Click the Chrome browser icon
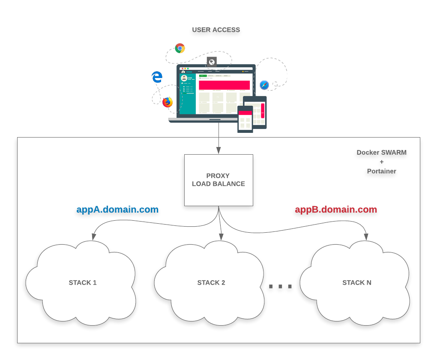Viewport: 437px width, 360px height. tap(180, 48)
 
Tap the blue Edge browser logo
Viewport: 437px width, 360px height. tap(157, 77)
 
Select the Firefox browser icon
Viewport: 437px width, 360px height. tap(168, 102)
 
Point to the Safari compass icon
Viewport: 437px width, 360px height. tap(264, 85)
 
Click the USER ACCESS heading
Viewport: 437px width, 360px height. tap(216, 30)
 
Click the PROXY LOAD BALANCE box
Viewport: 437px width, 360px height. tap(218, 180)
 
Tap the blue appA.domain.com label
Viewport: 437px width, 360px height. tap(117, 210)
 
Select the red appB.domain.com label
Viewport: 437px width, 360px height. tap(336, 210)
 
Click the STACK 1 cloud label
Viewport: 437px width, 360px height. tap(83, 282)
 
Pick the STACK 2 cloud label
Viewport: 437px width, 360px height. tap(211, 282)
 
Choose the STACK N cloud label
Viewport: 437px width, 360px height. tap(357, 282)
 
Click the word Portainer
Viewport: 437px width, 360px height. tap(381, 171)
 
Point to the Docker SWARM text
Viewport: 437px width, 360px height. tap(381, 152)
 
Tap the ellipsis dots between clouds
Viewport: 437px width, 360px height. tap(280, 286)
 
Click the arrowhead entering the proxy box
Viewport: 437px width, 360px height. tap(218, 150)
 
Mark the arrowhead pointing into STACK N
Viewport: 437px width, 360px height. tap(367, 237)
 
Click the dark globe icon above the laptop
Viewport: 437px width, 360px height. tap(212, 62)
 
